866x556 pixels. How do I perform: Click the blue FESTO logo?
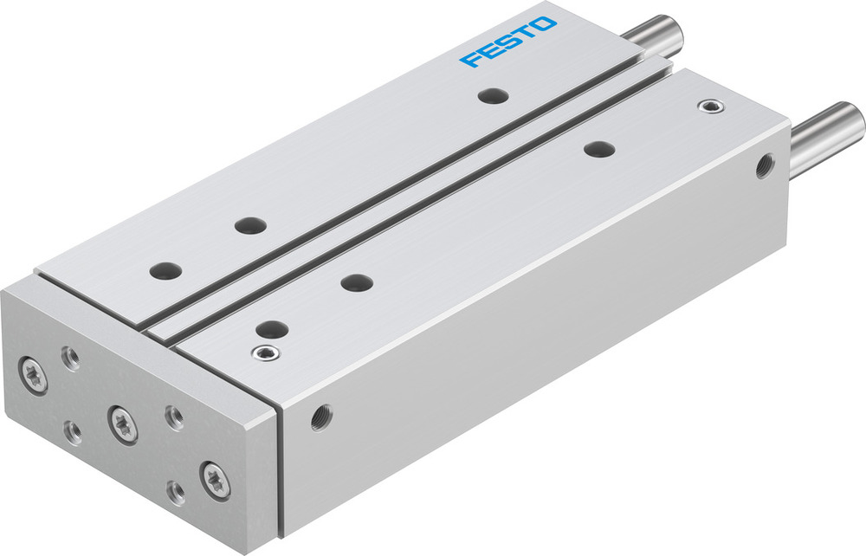tap(508, 41)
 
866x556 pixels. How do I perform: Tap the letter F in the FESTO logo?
tap(471, 60)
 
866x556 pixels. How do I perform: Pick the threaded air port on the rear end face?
tap(765, 165)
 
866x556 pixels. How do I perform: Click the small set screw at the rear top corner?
tap(712, 107)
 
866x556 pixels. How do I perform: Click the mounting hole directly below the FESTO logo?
tap(493, 95)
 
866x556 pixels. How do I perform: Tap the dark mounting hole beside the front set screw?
tap(273, 328)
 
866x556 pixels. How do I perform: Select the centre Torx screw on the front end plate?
tap(122, 422)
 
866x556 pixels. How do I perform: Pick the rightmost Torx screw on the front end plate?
tap(214, 477)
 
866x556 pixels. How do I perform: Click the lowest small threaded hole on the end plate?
tap(176, 492)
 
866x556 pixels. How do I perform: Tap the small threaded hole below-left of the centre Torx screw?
tap(74, 430)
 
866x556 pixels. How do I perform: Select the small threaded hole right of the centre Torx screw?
tap(174, 417)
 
